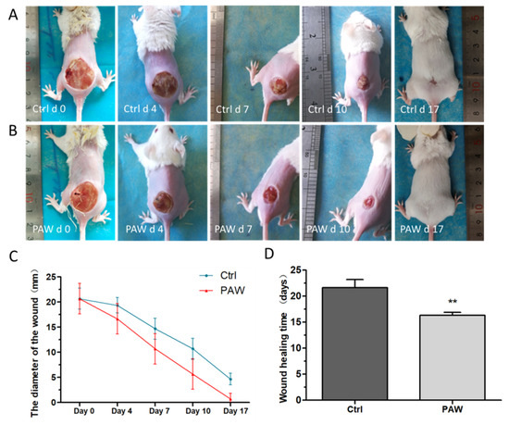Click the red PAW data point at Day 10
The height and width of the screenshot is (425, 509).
pos(192,374)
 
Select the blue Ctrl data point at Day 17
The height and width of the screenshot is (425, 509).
pos(230,379)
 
